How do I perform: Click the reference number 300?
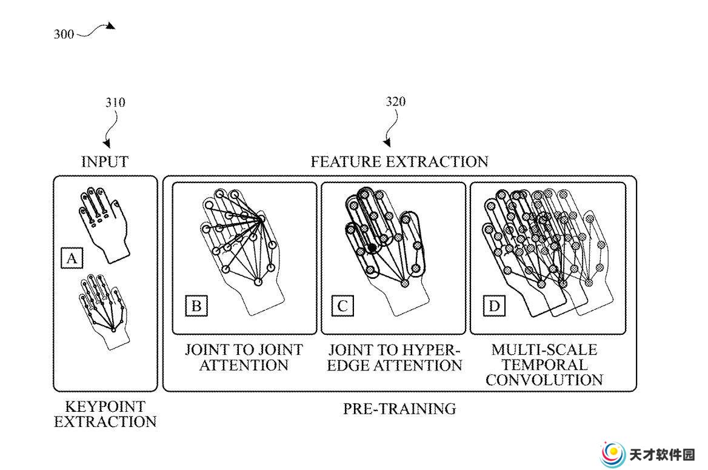[64, 35]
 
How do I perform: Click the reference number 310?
[115, 102]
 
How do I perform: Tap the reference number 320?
[396, 102]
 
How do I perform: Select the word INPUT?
[105, 162]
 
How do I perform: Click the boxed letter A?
[72, 258]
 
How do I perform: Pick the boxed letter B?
[196, 306]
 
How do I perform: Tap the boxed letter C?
[342, 306]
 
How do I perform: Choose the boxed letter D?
[494, 306]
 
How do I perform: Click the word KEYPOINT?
[105, 406]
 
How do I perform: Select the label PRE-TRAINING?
[399, 409]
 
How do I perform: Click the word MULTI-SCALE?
[544, 350]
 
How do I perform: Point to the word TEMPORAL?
[544, 364]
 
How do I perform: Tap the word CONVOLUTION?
[544, 380]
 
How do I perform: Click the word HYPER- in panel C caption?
[429, 350]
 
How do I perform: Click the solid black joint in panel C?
[372, 247]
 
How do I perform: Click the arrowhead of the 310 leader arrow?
[107, 144]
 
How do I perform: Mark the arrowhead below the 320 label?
[387, 143]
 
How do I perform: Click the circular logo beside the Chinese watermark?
[613, 454]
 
